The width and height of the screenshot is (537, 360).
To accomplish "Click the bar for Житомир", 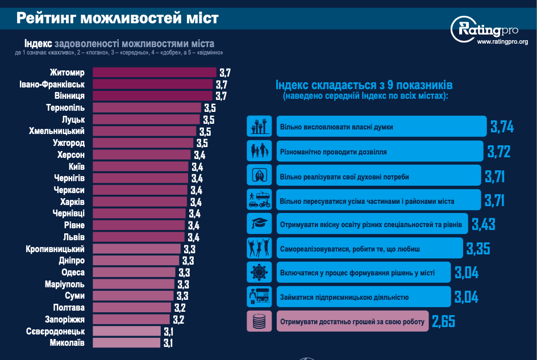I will tap(154, 73).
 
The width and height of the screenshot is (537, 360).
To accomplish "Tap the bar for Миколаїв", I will tap(126, 343).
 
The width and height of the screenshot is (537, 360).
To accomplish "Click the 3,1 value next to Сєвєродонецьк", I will tap(168, 332).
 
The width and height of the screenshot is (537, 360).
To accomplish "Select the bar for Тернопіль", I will tap(147, 108).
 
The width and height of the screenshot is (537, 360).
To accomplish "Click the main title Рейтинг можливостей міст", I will tap(117, 18).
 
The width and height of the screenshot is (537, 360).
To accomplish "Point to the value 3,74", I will tap(502, 127).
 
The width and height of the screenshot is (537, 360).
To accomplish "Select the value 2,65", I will tap(443, 322).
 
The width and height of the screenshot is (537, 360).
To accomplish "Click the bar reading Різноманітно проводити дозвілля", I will tap(378, 152).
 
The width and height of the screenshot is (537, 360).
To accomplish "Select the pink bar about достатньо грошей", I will tap(352, 322).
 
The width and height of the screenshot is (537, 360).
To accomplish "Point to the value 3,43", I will tap(484, 224).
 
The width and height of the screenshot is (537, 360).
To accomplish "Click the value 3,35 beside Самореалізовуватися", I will tap(478, 249).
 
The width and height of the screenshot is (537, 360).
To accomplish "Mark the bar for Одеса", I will tap(134, 273).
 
